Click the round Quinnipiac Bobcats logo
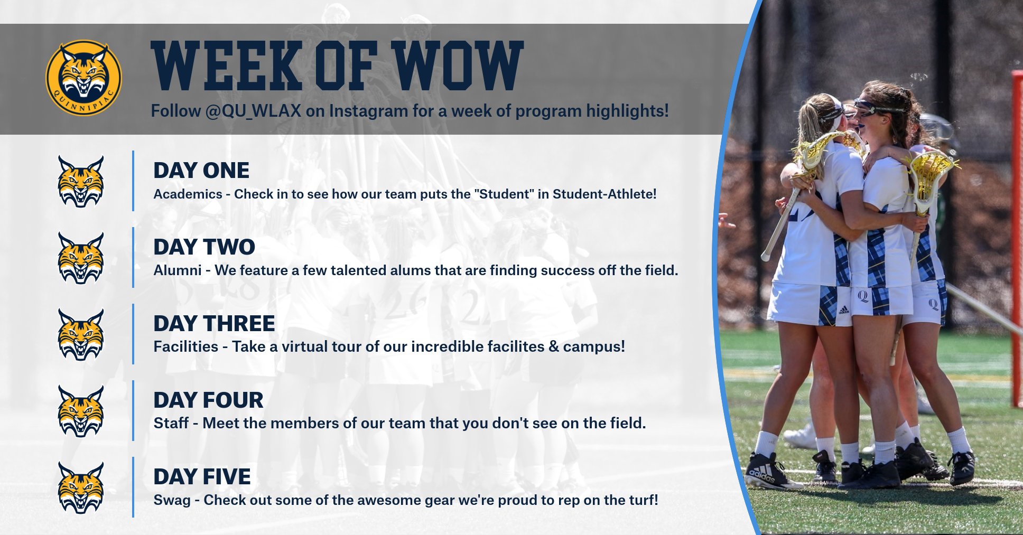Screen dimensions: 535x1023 click(x=83, y=78)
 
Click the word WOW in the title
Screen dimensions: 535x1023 click(x=457, y=65)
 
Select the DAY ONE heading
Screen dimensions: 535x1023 click(x=201, y=171)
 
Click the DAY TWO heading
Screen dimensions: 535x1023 click(x=204, y=247)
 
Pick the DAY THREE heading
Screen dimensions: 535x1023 click(x=214, y=324)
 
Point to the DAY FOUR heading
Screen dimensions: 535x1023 click(x=208, y=400)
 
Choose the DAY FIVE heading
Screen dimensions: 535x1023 click(x=202, y=477)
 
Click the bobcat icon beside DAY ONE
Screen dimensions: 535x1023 click(x=81, y=181)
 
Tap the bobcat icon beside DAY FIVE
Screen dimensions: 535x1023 click(x=81, y=487)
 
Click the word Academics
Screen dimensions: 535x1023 click(x=188, y=194)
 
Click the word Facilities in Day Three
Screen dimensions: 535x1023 click(x=185, y=347)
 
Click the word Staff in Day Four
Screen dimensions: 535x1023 click(x=171, y=424)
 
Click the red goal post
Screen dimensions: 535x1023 click(x=1016, y=238)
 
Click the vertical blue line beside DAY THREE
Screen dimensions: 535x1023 click(x=133, y=334)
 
